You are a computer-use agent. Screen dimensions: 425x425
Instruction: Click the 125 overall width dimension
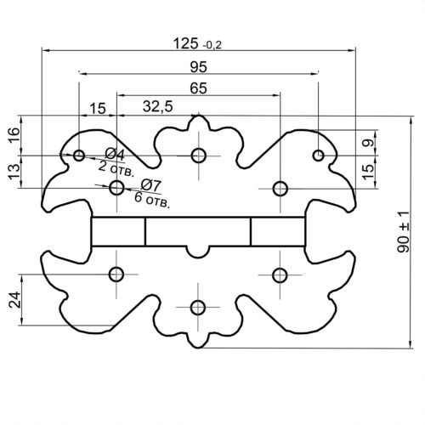click(x=197, y=44)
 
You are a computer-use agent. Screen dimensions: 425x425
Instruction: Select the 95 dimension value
click(x=198, y=67)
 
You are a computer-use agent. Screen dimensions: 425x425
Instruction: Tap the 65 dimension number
click(x=198, y=88)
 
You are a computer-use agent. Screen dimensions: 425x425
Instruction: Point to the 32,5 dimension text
click(x=157, y=107)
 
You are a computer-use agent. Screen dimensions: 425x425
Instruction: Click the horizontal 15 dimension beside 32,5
click(x=98, y=109)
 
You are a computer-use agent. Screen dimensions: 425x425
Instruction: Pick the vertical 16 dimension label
click(x=14, y=135)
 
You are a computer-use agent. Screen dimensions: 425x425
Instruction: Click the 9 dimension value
click(x=368, y=143)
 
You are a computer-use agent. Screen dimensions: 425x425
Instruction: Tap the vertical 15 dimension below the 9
click(x=368, y=172)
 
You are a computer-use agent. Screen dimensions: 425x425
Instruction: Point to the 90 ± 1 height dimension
click(x=403, y=232)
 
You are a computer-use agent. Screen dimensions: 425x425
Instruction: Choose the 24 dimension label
click(x=14, y=300)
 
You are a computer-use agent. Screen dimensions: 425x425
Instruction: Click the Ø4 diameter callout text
click(x=115, y=155)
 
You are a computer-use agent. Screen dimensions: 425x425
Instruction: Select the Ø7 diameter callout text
click(x=151, y=185)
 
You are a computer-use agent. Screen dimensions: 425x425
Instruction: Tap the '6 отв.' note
click(x=152, y=200)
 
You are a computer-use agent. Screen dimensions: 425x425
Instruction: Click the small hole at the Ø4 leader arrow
click(x=79, y=156)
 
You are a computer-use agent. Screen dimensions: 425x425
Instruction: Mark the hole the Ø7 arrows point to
click(x=116, y=188)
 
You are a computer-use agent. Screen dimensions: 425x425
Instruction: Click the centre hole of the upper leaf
click(x=198, y=156)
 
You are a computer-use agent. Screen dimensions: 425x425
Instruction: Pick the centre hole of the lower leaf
click(x=198, y=308)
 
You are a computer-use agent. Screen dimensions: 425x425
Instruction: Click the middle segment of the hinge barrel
click(x=198, y=231)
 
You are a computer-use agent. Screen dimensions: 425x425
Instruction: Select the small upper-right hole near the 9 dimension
click(x=319, y=156)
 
